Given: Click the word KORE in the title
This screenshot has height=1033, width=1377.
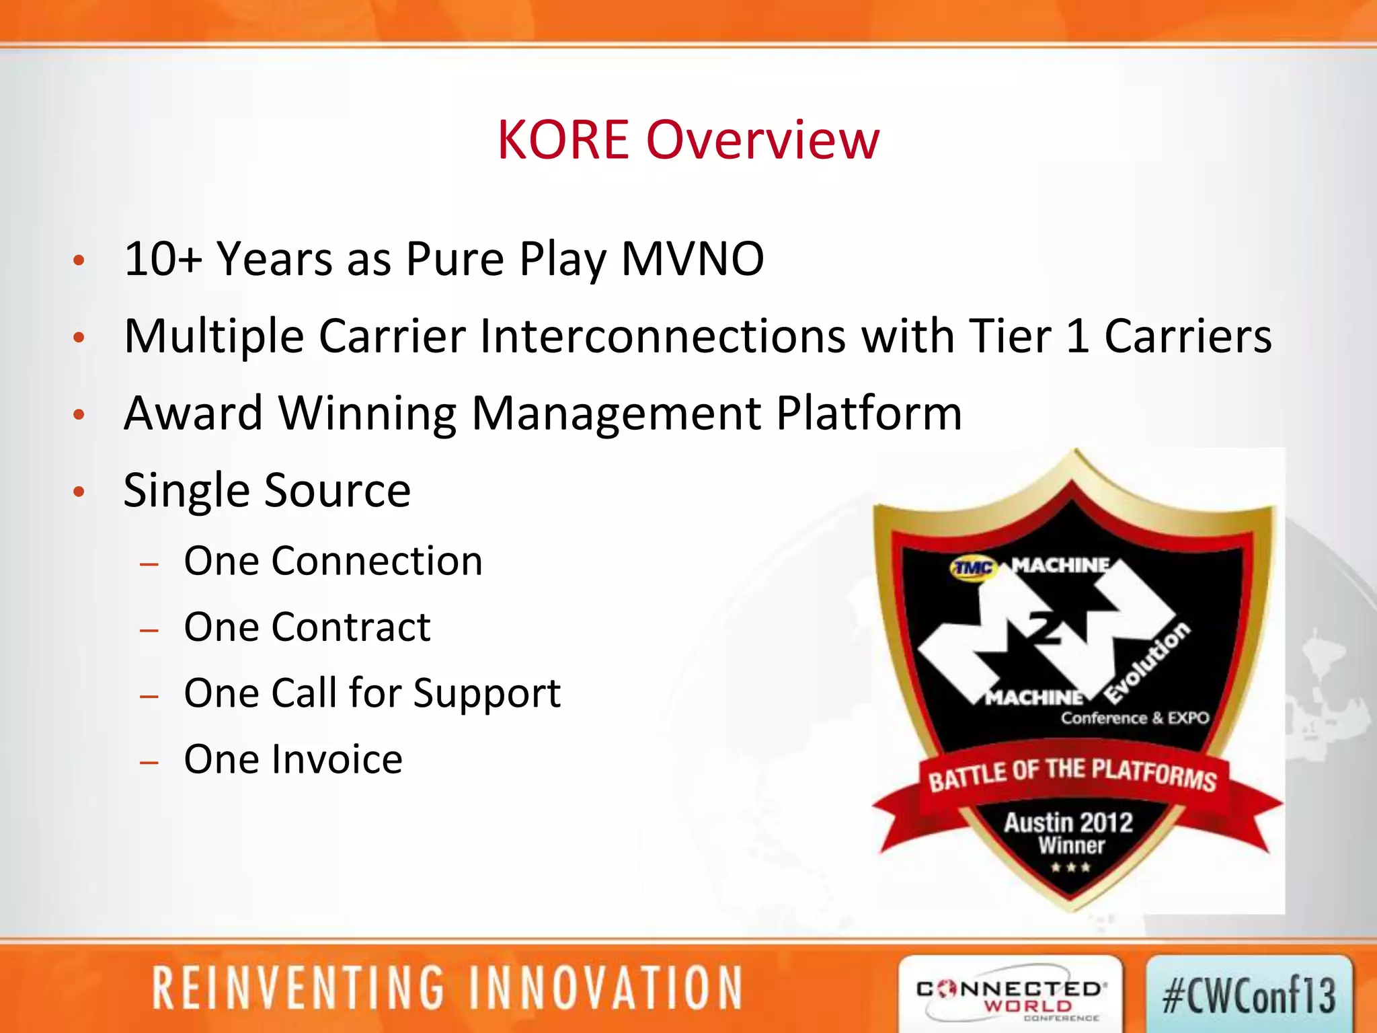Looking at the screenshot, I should [x=563, y=140].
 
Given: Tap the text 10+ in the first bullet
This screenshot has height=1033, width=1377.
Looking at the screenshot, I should [x=163, y=259].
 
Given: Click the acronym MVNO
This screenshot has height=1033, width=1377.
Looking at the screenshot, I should [x=693, y=259].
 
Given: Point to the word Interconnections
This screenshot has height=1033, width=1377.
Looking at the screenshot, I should [x=662, y=336].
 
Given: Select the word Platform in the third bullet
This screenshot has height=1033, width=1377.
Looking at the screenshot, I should [x=869, y=413].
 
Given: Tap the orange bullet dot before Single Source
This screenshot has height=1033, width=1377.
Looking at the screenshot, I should [x=79, y=492].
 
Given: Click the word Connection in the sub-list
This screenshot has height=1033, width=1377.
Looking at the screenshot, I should [x=377, y=561].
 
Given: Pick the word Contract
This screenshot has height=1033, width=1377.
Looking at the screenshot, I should [x=351, y=627].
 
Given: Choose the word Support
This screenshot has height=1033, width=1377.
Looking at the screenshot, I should [x=487, y=694].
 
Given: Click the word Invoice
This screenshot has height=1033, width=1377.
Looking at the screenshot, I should [x=336, y=760].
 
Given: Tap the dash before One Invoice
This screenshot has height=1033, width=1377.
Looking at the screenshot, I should [x=149, y=763].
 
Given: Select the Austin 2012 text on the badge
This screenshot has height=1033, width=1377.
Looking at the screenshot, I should [x=1068, y=822].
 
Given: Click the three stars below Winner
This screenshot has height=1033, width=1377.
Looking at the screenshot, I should [x=1070, y=868].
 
